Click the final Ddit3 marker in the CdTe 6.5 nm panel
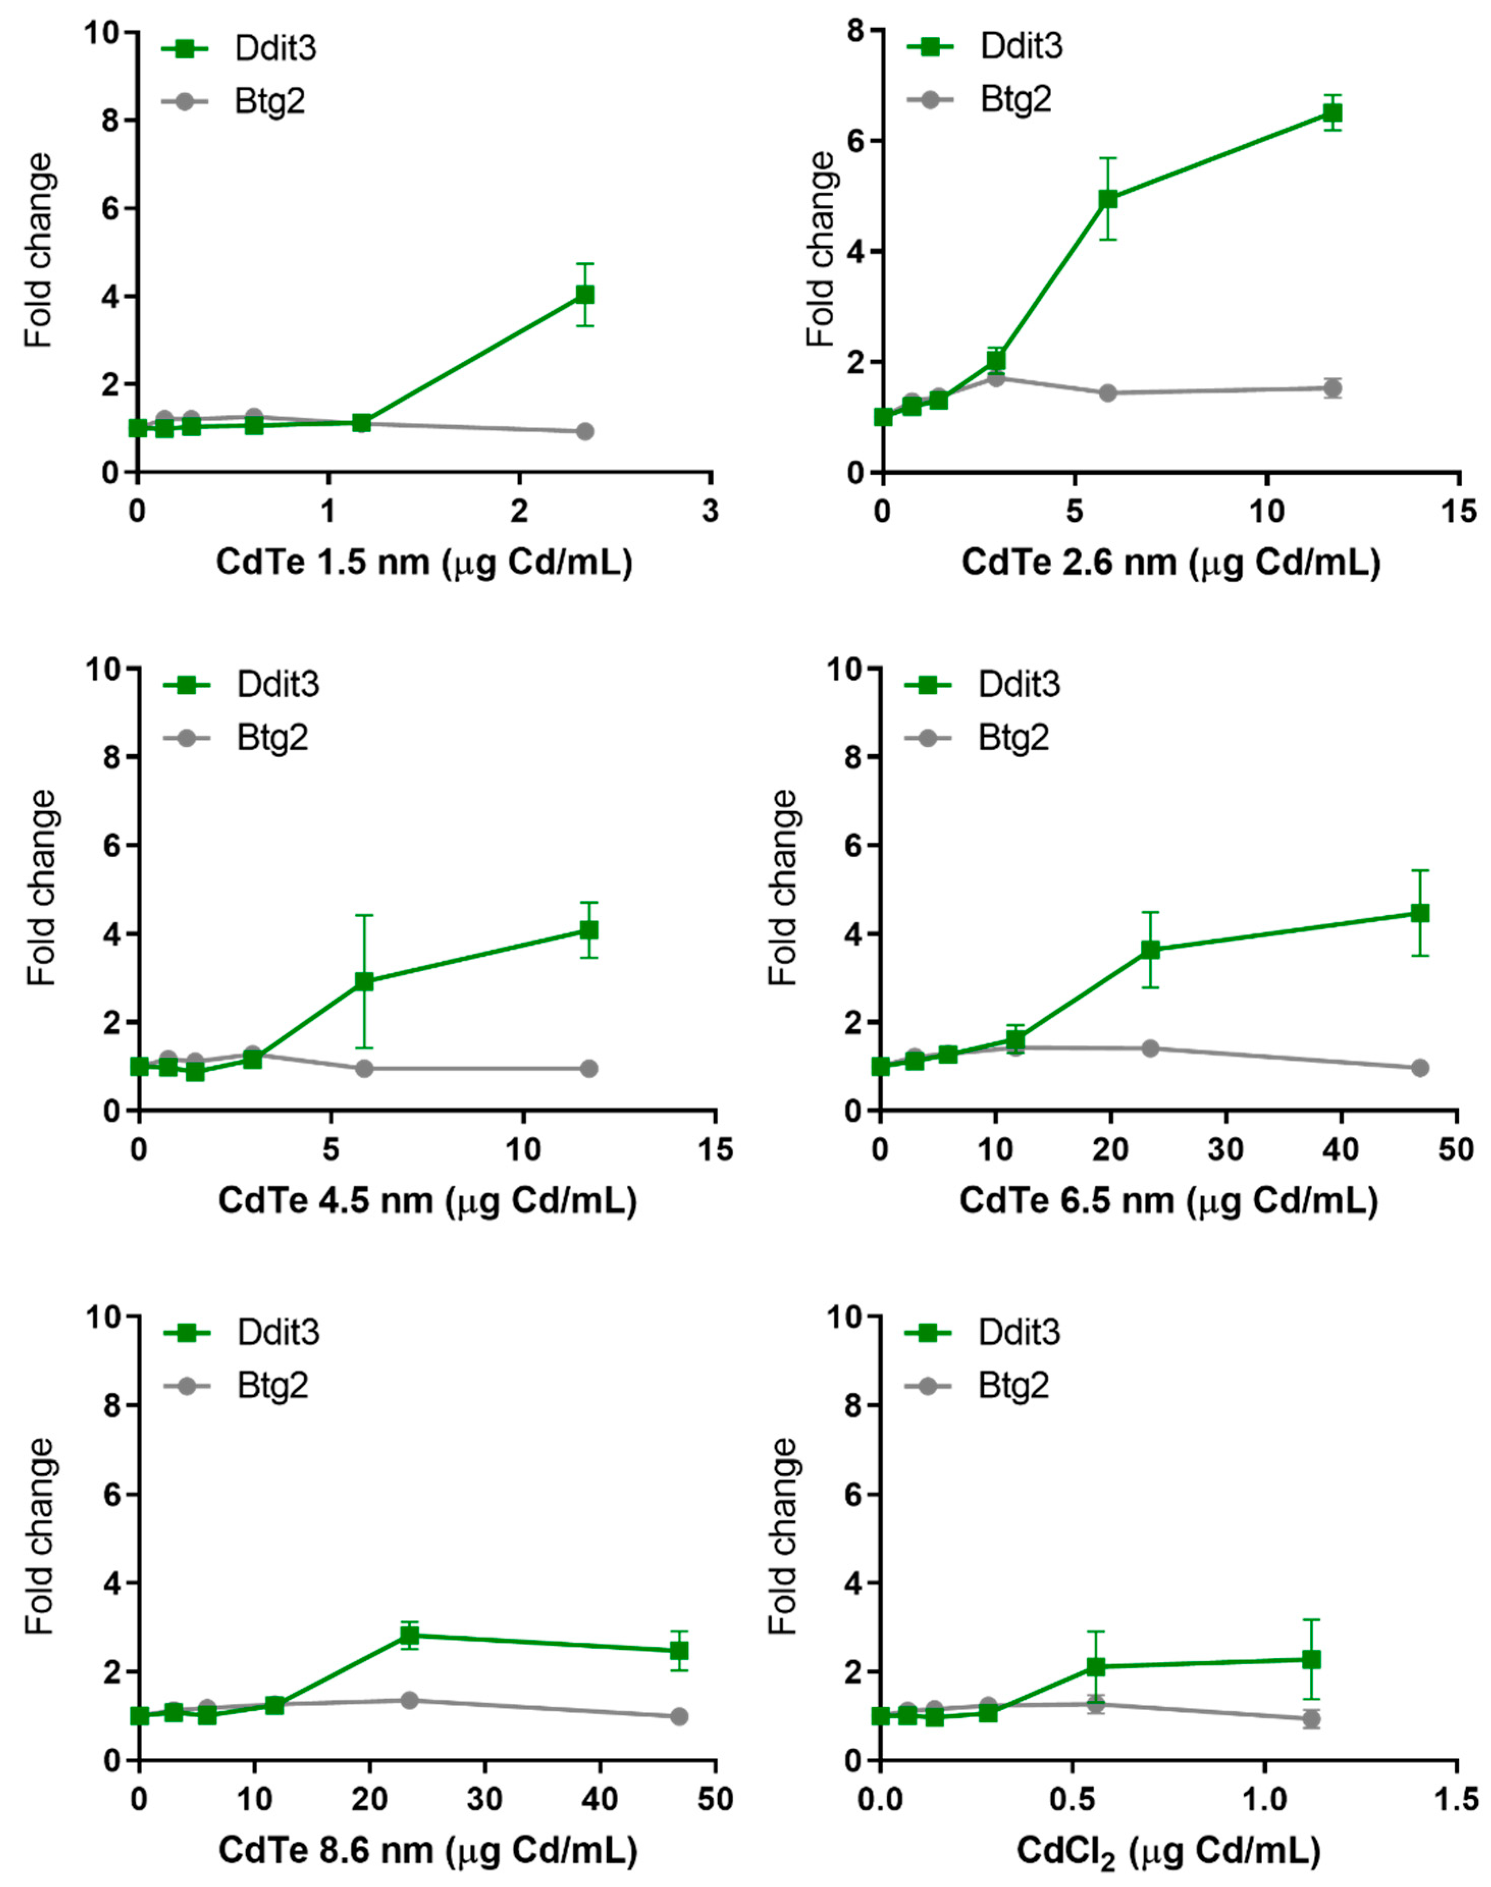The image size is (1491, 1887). point(1420,913)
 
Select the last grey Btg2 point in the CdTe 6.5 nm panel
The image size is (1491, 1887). point(1420,1068)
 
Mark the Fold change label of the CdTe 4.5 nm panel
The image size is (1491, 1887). point(42,889)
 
